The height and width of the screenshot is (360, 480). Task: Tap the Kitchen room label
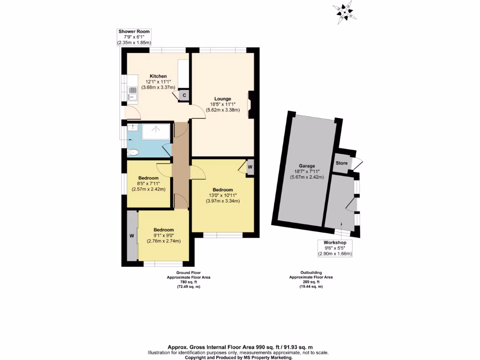pyautogui.click(x=158, y=76)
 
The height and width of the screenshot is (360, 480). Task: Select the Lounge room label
pyautogui.click(x=223, y=99)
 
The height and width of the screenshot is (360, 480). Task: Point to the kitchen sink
pyautogui.click(x=132, y=93)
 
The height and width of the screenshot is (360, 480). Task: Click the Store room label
pyautogui.click(x=341, y=163)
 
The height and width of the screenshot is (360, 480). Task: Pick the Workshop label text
pyautogui.click(x=335, y=243)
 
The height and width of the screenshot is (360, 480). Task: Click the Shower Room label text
pyautogui.click(x=134, y=31)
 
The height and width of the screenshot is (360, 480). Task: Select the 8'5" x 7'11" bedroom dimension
pyautogui.click(x=148, y=184)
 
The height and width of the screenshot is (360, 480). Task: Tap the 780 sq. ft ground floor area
pyautogui.click(x=188, y=282)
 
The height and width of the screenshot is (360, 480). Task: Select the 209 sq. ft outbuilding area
pyautogui.click(x=311, y=282)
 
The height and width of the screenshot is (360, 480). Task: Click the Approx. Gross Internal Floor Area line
pyautogui.click(x=239, y=348)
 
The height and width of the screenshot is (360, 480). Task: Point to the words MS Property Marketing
pyautogui.click(x=266, y=358)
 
